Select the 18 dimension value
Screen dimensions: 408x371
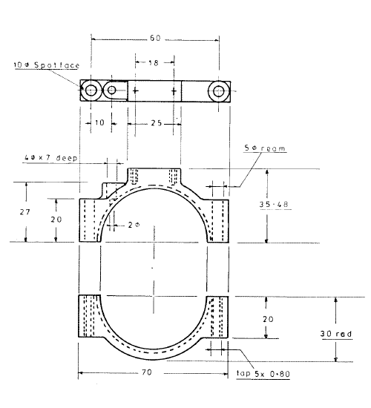(x=154, y=64)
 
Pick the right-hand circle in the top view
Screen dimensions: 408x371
(x=218, y=91)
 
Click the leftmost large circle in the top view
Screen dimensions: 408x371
(x=91, y=91)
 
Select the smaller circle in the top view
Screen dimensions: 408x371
(x=111, y=91)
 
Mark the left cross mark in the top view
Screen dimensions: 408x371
(x=136, y=91)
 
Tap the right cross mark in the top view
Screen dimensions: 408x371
(x=174, y=91)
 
